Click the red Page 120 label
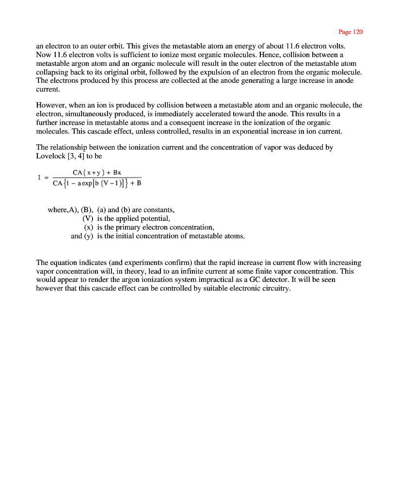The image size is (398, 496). tap(350, 32)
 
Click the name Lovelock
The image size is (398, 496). tap(51, 156)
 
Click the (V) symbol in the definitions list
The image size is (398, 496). tap(88, 218)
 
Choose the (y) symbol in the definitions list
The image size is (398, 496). tap(88, 236)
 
